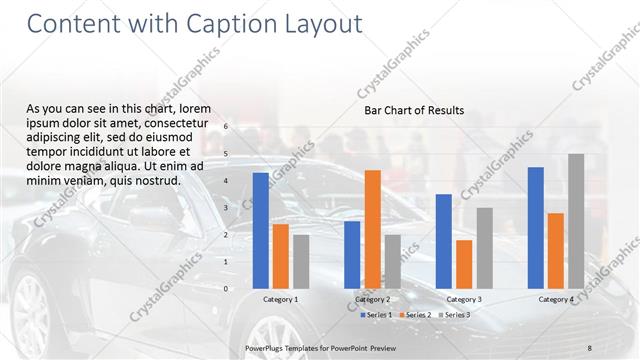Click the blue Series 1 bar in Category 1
click(261, 231)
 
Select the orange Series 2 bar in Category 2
click(372, 229)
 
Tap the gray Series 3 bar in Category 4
click(576, 221)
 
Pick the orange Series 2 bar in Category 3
click(464, 264)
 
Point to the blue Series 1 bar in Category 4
click(536, 228)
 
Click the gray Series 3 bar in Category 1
click(301, 262)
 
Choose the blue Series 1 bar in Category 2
click(352, 255)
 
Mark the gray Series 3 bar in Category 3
click(484, 248)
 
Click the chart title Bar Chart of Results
click(413, 110)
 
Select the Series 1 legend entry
click(376, 315)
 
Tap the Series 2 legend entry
click(414, 315)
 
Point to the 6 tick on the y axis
click(226, 127)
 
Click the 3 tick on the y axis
click(226, 208)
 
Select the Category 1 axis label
click(281, 299)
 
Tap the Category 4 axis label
click(556, 299)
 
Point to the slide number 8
click(590, 346)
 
